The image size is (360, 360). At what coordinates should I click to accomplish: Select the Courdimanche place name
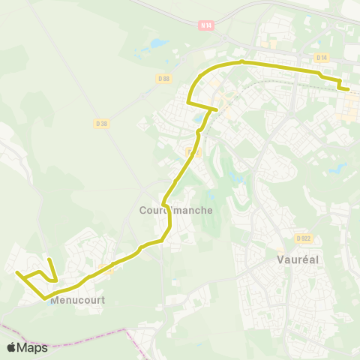pos(176,211)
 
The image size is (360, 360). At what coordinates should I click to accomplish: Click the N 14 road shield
pos(206,25)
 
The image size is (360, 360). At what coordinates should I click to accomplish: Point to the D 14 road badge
pos(322,57)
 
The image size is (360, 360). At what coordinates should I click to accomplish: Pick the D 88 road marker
pos(164,78)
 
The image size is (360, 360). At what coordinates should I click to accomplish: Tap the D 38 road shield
pos(102,123)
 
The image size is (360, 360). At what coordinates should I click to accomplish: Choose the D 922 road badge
pos(303,238)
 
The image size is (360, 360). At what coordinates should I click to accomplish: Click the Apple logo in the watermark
pos(12,347)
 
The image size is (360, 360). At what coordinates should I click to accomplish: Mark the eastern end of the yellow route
pos(349,89)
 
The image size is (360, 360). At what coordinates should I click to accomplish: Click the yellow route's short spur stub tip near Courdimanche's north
pos(217,109)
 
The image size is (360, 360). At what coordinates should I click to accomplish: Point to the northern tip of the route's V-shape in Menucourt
pos(49,259)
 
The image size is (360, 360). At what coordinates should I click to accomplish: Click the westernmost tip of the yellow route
pos(16,273)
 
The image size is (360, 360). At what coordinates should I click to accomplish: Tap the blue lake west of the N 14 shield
pos(159,43)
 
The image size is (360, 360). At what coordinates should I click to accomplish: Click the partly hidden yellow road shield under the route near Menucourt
pos(106,268)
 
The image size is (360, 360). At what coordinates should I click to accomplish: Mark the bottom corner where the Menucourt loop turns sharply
pos(45,298)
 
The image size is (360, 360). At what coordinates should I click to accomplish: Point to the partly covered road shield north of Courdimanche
pos(192,152)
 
